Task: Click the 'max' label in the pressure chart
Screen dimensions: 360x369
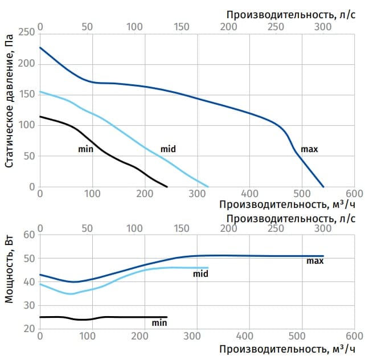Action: pyautogui.click(x=309, y=149)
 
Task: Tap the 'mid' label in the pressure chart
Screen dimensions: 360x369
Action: pyautogui.click(x=168, y=149)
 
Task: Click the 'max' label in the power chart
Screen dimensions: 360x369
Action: pyautogui.click(x=315, y=261)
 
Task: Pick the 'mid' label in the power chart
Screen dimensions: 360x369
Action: pyautogui.click(x=200, y=273)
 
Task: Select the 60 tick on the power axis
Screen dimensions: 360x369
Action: pyautogui.click(x=29, y=235)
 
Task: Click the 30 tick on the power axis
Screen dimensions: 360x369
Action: pyautogui.click(x=29, y=305)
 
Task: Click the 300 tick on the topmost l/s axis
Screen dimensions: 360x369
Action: pyautogui.click(x=322, y=27)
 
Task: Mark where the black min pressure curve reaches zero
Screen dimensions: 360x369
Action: pyautogui.click(x=167, y=187)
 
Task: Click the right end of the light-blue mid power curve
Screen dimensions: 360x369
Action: pyautogui.click(x=208, y=268)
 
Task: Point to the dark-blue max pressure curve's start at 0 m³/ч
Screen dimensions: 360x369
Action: pyautogui.click(x=40, y=47)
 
